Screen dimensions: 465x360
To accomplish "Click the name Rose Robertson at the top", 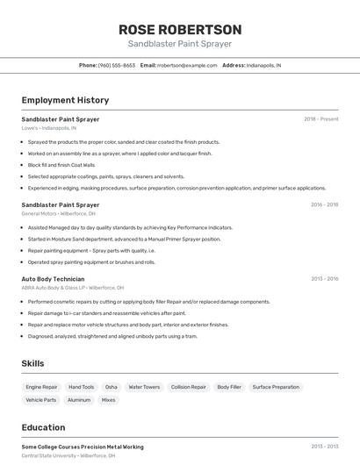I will tap(180, 29).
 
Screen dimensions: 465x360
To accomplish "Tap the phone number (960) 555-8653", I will tap(116, 65).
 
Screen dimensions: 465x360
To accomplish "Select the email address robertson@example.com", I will tap(187, 65).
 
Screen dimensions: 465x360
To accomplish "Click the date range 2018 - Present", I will tap(321, 118).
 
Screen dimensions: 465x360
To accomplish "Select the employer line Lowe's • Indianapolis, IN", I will tap(48, 127).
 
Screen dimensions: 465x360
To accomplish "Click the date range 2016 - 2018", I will tap(324, 204).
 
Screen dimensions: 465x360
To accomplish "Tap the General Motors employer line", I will tap(58, 213).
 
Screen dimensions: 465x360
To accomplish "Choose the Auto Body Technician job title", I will tap(53, 278).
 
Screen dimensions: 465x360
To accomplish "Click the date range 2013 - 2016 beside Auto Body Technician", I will tap(324, 278).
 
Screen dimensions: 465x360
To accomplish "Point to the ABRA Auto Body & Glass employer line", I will tap(73, 287).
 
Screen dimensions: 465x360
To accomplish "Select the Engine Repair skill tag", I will tap(41, 387).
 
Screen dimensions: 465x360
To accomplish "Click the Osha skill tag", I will tap(112, 387).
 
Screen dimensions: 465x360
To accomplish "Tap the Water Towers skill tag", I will tap(144, 387).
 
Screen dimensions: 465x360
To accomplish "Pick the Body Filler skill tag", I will tap(229, 387).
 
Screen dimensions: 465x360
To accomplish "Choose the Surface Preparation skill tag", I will tap(276, 387).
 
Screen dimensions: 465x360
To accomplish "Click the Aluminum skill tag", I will tap(79, 400).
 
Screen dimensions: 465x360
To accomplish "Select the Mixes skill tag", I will tap(109, 400).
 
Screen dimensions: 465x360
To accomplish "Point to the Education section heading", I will tap(44, 427).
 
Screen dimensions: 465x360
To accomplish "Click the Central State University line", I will tap(68, 455).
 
